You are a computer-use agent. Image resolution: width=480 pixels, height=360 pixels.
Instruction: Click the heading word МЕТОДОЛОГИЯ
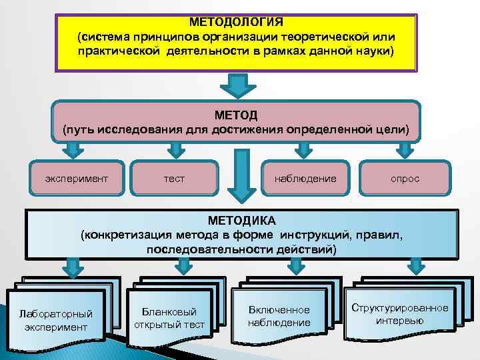(x=236, y=21)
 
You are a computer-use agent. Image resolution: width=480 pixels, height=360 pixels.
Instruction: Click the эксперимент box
(x=76, y=179)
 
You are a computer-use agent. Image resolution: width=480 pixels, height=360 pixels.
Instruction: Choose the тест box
(x=174, y=179)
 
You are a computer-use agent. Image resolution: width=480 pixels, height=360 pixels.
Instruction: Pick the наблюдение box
(x=305, y=179)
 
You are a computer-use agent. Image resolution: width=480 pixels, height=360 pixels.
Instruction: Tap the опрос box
(x=405, y=179)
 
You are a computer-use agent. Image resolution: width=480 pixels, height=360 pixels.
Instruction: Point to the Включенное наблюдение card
(x=279, y=317)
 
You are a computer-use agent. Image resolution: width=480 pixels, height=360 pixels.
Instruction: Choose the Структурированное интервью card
(x=400, y=313)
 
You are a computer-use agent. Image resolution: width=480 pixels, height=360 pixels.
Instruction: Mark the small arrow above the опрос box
(x=405, y=148)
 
